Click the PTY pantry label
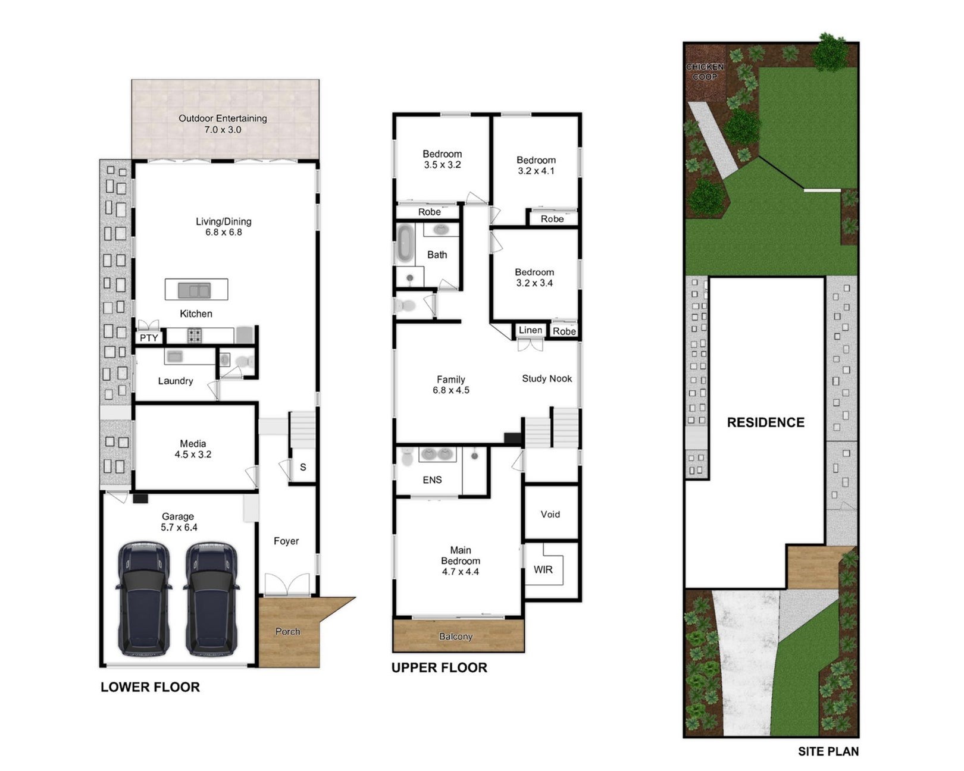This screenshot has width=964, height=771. point(149,338)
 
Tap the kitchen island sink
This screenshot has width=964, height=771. point(195,290)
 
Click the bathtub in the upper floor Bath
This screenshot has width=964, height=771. point(405,243)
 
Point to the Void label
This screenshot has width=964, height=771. point(550,515)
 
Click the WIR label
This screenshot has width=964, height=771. point(543,570)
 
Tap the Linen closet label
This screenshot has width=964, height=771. point(530,330)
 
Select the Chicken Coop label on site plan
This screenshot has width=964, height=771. point(705,71)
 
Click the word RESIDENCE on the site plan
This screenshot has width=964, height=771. point(766,422)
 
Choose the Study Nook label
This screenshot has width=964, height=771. point(547,378)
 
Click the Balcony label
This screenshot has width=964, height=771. point(456,637)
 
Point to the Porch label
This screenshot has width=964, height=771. point(287,631)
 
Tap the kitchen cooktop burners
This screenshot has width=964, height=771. point(194,336)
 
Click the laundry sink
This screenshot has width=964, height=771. point(173,356)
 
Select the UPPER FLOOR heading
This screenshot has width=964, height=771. point(439,667)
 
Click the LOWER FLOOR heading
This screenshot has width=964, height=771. point(150,687)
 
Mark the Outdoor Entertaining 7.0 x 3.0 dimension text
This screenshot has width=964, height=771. point(223,130)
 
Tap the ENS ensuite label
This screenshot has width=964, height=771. point(432,480)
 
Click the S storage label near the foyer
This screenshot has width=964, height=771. point(303,467)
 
